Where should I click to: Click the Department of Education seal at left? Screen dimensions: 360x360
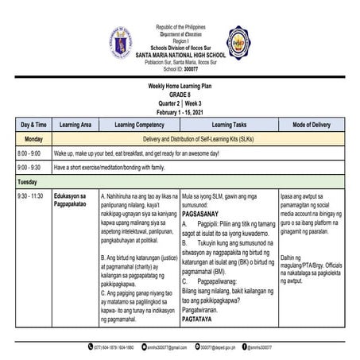pos(126,41)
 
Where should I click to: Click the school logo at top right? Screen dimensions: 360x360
pos(236,41)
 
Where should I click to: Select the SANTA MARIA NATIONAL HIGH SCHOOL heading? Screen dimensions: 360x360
pos(180,53)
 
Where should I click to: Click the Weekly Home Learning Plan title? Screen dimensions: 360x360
pos(180,86)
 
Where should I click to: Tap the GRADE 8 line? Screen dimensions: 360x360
pos(180,93)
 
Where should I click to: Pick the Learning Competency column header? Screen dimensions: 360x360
pos(139,124)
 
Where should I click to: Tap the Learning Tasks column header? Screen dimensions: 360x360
pos(228,124)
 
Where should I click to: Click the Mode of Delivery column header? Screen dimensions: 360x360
pos(310,124)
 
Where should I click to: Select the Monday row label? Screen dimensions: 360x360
pos(33,137)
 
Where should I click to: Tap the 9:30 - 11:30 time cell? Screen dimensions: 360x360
pos(32,195)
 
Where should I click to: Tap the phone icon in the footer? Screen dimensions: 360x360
pos(91,346)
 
